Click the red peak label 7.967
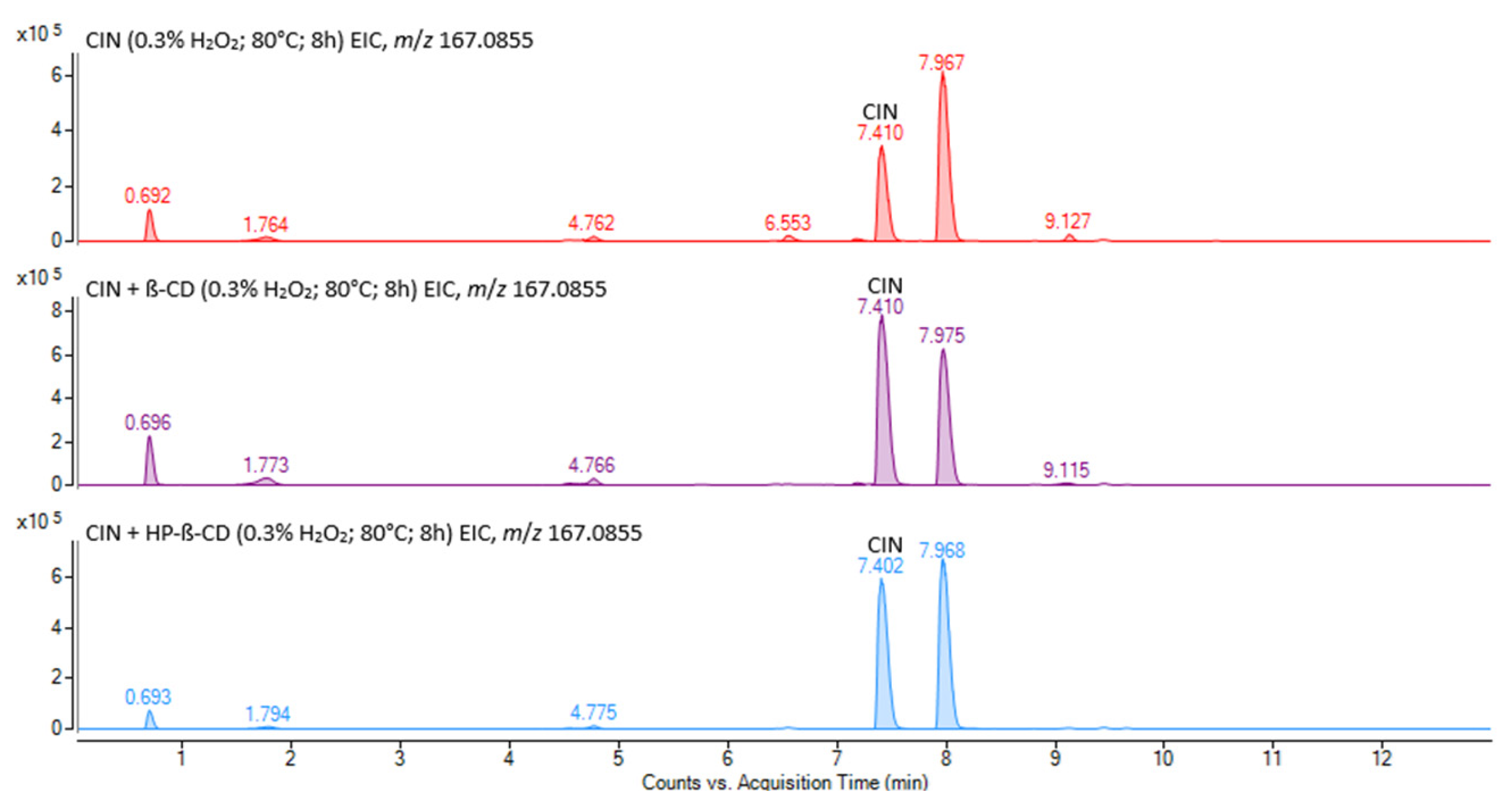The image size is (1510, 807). point(941,63)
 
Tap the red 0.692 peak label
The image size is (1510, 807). point(147,196)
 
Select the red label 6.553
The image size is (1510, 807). point(787,223)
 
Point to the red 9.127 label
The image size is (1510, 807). point(1067,221)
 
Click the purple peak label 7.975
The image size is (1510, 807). point(941,335)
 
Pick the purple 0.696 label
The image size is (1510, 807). point(147,423)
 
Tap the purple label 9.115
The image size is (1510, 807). point(1066,470)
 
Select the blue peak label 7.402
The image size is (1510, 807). point(880,566)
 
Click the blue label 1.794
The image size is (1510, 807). point(267,714)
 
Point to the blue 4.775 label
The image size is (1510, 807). point(593,712)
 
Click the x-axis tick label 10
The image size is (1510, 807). point(1163,758)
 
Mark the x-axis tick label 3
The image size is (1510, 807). point(400,758)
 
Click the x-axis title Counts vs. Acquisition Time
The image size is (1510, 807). point(784,783)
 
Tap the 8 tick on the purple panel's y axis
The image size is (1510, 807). point(57,311)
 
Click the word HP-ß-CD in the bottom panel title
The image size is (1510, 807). point(188,533)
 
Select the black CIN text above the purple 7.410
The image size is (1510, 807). point(885,286)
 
